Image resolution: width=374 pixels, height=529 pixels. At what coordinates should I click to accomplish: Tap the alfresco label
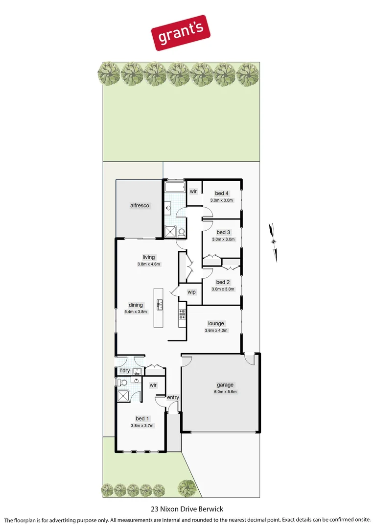(x=140, y=206)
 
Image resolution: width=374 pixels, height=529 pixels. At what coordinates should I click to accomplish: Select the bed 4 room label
(x=223, y=193)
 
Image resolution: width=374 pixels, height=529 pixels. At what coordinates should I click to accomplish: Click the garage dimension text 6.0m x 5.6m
(x=225, y=392)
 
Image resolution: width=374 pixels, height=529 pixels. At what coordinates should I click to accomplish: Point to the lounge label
(x=216, y=323)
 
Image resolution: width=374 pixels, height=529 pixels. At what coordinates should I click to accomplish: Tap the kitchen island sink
(x=160, y=306)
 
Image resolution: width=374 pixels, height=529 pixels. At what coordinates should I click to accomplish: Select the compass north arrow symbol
(x=273, y=240)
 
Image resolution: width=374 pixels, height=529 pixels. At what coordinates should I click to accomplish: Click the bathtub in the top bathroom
(x=174, y=188)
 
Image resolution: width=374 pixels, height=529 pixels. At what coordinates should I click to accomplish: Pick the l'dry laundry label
(x=124, y=371)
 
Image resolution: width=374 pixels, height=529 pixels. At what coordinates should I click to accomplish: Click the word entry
(x=173, y=397)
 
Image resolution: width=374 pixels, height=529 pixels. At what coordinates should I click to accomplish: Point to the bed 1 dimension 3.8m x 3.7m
(x=142, y=426)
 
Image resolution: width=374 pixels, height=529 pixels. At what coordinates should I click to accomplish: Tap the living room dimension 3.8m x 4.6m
(x=149, y=264)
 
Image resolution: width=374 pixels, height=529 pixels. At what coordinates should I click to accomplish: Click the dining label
(x=136, y=305)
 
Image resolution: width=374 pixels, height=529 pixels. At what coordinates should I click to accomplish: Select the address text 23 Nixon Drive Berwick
(x=187, y=509)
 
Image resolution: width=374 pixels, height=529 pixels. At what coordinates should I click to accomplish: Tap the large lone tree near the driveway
(x=187, y=488)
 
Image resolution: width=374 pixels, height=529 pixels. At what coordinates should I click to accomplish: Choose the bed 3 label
(x=223, y=232)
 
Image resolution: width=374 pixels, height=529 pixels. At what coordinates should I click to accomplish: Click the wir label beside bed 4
(x=193, y=191)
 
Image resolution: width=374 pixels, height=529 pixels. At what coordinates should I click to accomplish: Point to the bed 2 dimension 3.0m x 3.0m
(x=223, y=289)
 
